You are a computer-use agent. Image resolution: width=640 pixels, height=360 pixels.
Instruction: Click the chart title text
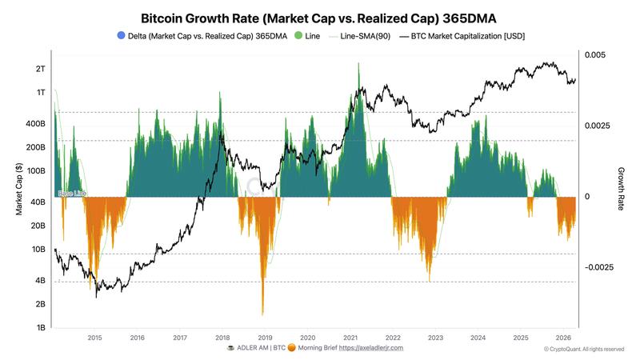320,17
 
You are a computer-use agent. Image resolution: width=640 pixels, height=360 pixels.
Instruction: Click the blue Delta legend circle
121,36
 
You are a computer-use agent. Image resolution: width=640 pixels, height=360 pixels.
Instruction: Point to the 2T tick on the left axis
41,69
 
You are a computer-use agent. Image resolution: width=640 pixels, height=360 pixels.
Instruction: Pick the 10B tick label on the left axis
39,250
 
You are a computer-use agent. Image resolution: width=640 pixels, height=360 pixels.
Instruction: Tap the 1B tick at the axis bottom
41,328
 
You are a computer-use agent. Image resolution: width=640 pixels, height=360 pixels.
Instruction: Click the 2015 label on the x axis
94,338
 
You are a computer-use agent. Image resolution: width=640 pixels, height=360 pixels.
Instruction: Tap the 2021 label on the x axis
350,338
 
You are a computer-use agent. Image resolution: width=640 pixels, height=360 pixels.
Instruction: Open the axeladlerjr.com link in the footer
371,348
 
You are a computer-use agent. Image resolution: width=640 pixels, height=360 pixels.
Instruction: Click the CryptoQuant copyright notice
583,350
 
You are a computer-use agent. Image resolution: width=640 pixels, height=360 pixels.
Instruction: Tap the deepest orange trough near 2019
262,314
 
